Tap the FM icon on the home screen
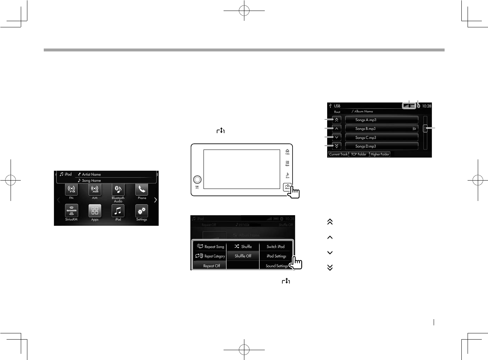(71, 190)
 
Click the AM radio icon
(94, 190)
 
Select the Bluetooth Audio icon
(118, 190)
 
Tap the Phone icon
(142, 190)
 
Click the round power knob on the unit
(197, 179)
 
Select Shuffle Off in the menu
(243, 256)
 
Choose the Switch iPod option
(276, 247)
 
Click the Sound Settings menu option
(277, 266)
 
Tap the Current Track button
(338, 154)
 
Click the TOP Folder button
(359, 154)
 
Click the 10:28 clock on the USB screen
(426, 106)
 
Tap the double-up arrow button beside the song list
(337, 120)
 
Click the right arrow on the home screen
(155, 200)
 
